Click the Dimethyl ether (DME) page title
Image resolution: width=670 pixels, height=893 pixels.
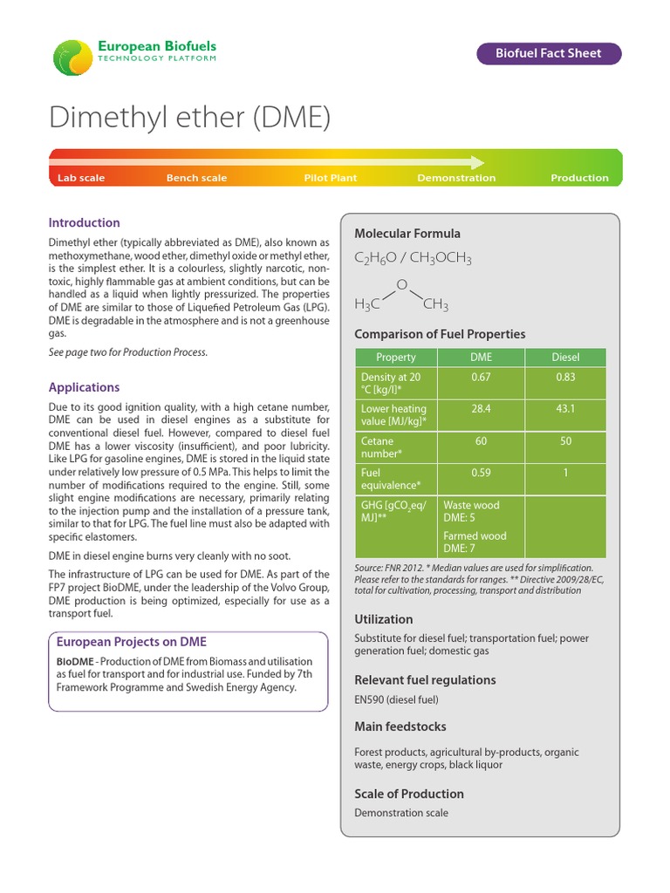coord(189,118)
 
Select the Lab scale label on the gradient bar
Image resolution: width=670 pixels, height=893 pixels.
coord(81,178)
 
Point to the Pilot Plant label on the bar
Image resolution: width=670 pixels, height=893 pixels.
coord(331,178)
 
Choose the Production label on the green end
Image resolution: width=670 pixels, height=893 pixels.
coord(579,178)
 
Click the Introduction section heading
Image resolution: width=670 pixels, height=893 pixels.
coord(84,222)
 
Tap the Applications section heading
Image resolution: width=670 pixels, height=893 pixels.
coord(84,387)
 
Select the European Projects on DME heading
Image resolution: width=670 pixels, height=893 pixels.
coord(131,642)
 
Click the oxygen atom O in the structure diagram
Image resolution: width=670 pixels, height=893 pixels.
coord(401,285)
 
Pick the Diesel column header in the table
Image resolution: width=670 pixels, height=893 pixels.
coord(565,358)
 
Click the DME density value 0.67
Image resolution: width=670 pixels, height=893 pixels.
coord(481,377)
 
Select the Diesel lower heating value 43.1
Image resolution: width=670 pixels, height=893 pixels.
coord(565,408)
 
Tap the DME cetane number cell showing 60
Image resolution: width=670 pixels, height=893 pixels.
coord(481,441)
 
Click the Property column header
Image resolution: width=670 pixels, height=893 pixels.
coord(395,358)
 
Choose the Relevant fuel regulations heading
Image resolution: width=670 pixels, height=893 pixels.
coord(425,679)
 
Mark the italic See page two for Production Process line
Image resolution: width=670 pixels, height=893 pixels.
coord(127,352)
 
